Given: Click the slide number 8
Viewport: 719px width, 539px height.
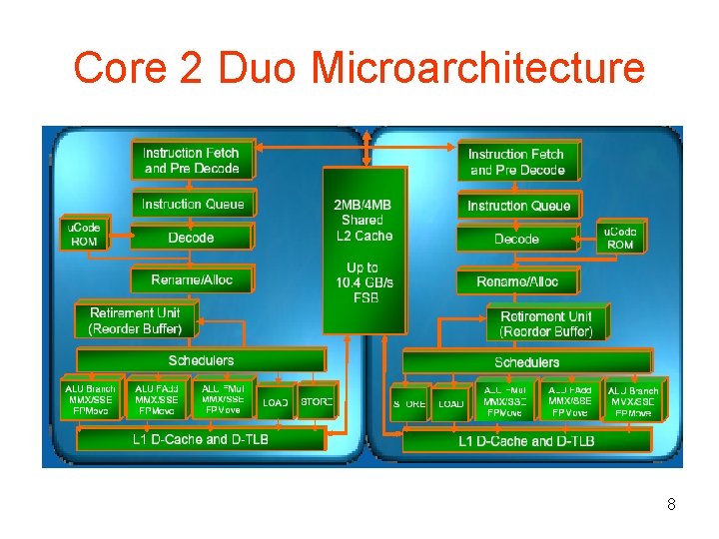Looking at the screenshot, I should pos(672,505).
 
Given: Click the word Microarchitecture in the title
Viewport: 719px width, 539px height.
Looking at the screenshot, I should pos(478,68).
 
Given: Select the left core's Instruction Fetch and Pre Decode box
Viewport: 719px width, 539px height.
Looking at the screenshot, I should pos(191,160).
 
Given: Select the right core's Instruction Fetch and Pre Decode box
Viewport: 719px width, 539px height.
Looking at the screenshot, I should pos(516,162).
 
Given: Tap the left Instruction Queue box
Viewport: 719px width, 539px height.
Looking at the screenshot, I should pos(192,204).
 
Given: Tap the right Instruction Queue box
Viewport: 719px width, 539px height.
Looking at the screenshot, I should pos(518,206).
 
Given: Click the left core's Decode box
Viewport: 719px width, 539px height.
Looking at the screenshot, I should pos(191,238).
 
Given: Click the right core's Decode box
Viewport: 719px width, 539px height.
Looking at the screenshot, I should pos(516,239).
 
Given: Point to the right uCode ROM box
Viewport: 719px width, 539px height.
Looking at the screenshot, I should pos(619,238).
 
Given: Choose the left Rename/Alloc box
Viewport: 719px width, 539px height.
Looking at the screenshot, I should pos(192,279).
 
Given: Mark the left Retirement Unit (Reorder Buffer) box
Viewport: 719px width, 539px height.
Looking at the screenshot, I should pos(135,320).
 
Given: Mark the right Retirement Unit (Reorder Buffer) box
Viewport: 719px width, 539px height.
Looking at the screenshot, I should pos(545,323).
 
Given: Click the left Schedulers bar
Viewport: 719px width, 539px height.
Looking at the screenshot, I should pos(201,360).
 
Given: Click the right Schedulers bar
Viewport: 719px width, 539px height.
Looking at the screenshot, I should pos(526,361).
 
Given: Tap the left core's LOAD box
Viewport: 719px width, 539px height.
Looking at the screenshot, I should pos(275,402).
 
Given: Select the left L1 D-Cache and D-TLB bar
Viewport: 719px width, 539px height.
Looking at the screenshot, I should pos(201,439).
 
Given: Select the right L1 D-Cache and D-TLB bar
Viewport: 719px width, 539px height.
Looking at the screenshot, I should pos(526,440).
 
